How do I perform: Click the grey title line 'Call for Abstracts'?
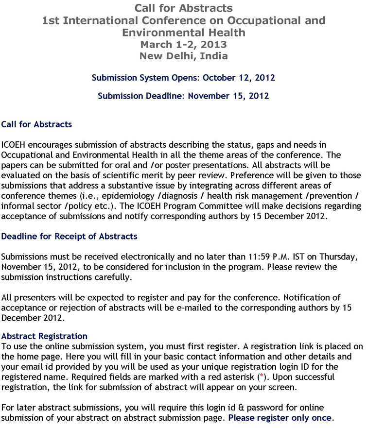pyautogui.click(x=183, y=8)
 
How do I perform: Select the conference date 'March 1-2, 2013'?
pyautogui.click(x=183, y=44)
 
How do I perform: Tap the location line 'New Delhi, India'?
pyautogui.click(x=183, y=56)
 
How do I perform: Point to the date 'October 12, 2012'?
pyautogui.click(x=239, y=78)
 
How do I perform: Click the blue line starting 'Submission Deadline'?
pyautogui.click(x=183, y=96)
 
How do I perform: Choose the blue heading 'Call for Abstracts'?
pyautogui.click(x=36, y=124)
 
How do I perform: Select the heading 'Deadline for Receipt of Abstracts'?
pyautogui.click(x=69, y=237)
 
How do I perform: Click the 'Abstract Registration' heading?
pyautogui.click(x=44, y=336)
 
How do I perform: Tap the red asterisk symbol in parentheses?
pyautogui.click(x=261, y=377)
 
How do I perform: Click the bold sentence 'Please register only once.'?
pyautogui.click(x=281, y=418)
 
